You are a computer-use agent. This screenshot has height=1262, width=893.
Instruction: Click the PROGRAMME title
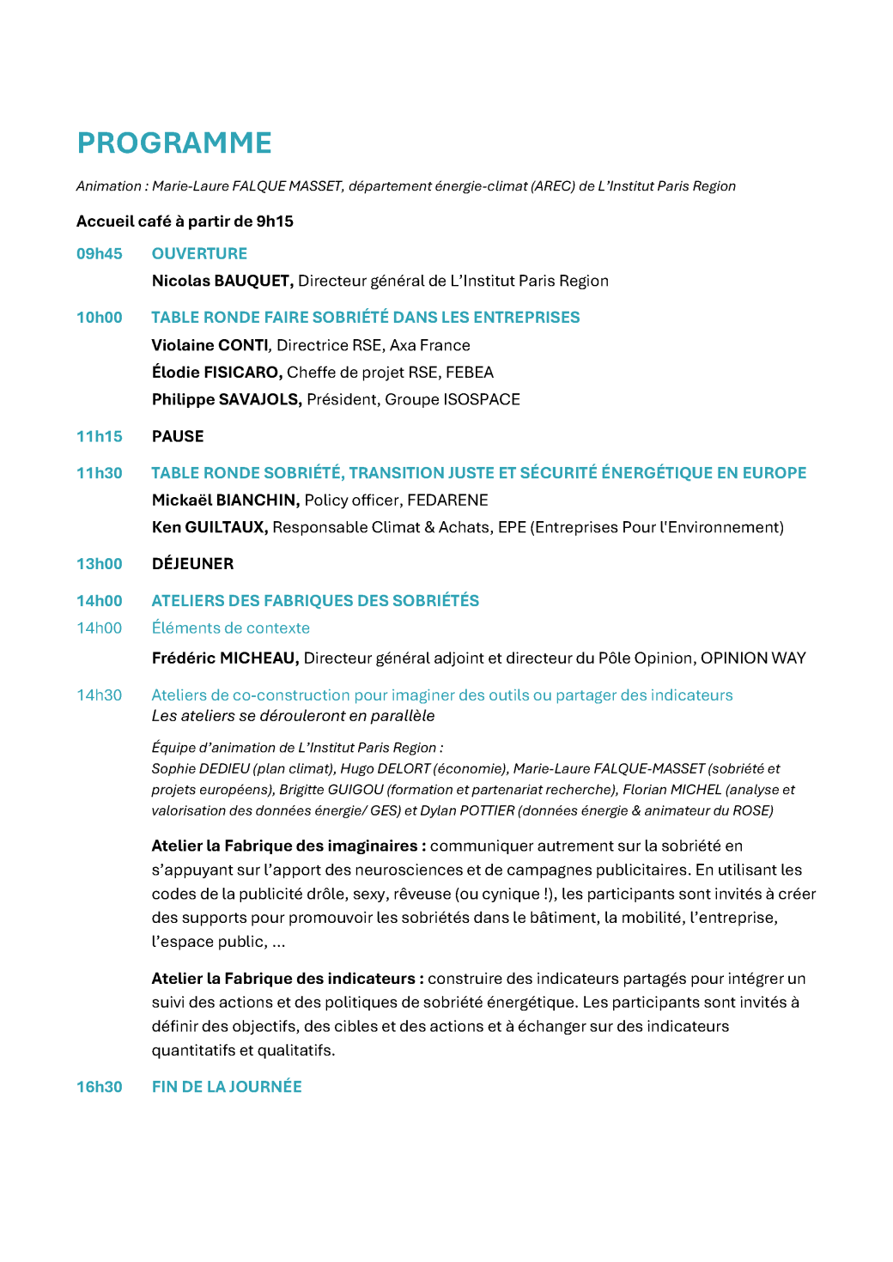(x=174, y=143)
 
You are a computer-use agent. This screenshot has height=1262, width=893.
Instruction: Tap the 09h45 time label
(x=100, y=254)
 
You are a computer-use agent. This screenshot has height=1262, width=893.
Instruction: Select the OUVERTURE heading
(x=199, y=254)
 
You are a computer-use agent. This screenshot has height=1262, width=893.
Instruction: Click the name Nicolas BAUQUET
(x=222, y=281)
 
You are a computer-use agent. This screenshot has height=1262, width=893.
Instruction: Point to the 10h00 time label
(x=100, y=318)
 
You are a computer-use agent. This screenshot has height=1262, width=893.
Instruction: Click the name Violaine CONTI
(x=210, y=345)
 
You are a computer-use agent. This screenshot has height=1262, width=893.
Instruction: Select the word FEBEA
(x=470, y=373)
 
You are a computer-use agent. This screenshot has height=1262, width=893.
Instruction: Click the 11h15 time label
(x=100, y=436)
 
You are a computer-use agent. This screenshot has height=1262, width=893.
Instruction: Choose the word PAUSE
(x=178, y=436)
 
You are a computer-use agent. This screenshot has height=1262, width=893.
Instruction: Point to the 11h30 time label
(x=100, y=473)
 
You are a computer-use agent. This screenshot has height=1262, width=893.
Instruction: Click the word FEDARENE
(x=447, y=501)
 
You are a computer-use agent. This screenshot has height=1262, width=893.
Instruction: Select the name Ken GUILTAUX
(x=210, y=527)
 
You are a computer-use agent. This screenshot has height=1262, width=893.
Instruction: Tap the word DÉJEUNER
(x=192, y=564)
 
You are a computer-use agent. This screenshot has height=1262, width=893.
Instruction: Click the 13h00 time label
(x=100, y=564)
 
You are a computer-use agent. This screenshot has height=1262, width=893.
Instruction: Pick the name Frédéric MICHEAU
(x=225, y=658)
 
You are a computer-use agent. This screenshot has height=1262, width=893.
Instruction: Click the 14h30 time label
(x=100, y=695)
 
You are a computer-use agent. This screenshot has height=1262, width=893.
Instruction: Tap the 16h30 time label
(x=100, y=1087)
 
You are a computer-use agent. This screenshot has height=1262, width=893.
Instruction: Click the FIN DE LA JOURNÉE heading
(x=227, y=1087)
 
